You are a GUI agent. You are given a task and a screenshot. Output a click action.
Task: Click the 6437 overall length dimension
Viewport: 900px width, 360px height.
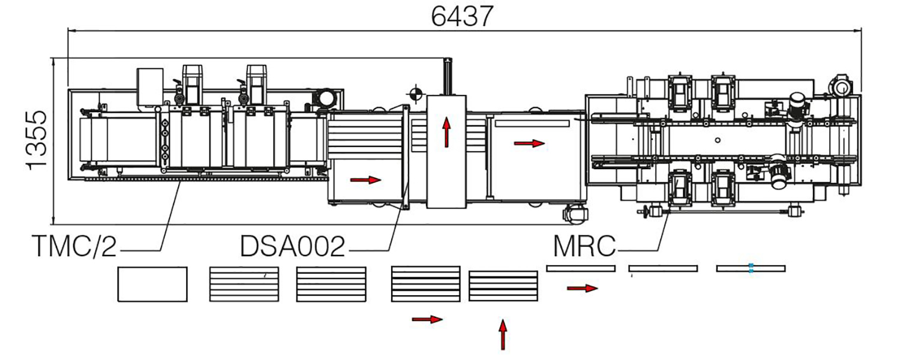(x=462, y=16)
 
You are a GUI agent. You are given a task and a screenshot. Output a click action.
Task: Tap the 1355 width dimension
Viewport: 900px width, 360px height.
(x=36, y=140)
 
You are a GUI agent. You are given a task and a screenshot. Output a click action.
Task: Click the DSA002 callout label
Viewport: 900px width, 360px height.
(x=293, y=247)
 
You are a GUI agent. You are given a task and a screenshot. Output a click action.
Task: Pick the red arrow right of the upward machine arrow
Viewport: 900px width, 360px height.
(x=530, y=143)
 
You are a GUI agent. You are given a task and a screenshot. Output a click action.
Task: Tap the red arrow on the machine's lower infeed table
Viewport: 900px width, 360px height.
(x=365, y=179)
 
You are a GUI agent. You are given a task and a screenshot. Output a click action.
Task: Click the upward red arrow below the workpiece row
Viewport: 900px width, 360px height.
(x=502, y=334)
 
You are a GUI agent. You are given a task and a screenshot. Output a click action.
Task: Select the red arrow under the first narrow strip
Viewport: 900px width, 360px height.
(x=582, y=289)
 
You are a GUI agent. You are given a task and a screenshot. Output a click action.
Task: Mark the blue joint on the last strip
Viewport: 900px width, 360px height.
(x=751, y=268)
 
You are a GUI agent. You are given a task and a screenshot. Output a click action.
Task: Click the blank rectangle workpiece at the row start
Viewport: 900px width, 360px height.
(x=152, y=284)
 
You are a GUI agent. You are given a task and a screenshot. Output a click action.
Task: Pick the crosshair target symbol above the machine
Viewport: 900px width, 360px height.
(x=415, y=93)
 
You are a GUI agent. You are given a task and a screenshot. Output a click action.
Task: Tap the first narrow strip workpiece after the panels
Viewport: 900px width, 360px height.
(x=581, y=268)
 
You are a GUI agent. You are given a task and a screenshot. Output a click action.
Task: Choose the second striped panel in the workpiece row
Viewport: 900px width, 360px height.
(x=331, y=280)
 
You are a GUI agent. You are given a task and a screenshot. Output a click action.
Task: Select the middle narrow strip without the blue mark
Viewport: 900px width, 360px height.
(x=663, y=268)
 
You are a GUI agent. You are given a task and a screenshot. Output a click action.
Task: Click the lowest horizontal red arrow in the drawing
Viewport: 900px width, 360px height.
(x=427, y=319)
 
